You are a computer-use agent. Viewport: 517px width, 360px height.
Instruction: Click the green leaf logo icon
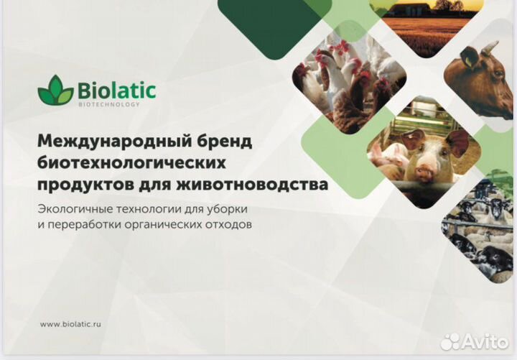pyautogui.click(x=55, y=91)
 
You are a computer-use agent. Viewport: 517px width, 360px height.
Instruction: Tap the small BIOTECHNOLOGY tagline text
pyautogui.click(x=108, y=105)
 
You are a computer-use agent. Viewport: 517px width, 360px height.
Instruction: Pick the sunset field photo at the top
pyautogui.click(x=424, y=18)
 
